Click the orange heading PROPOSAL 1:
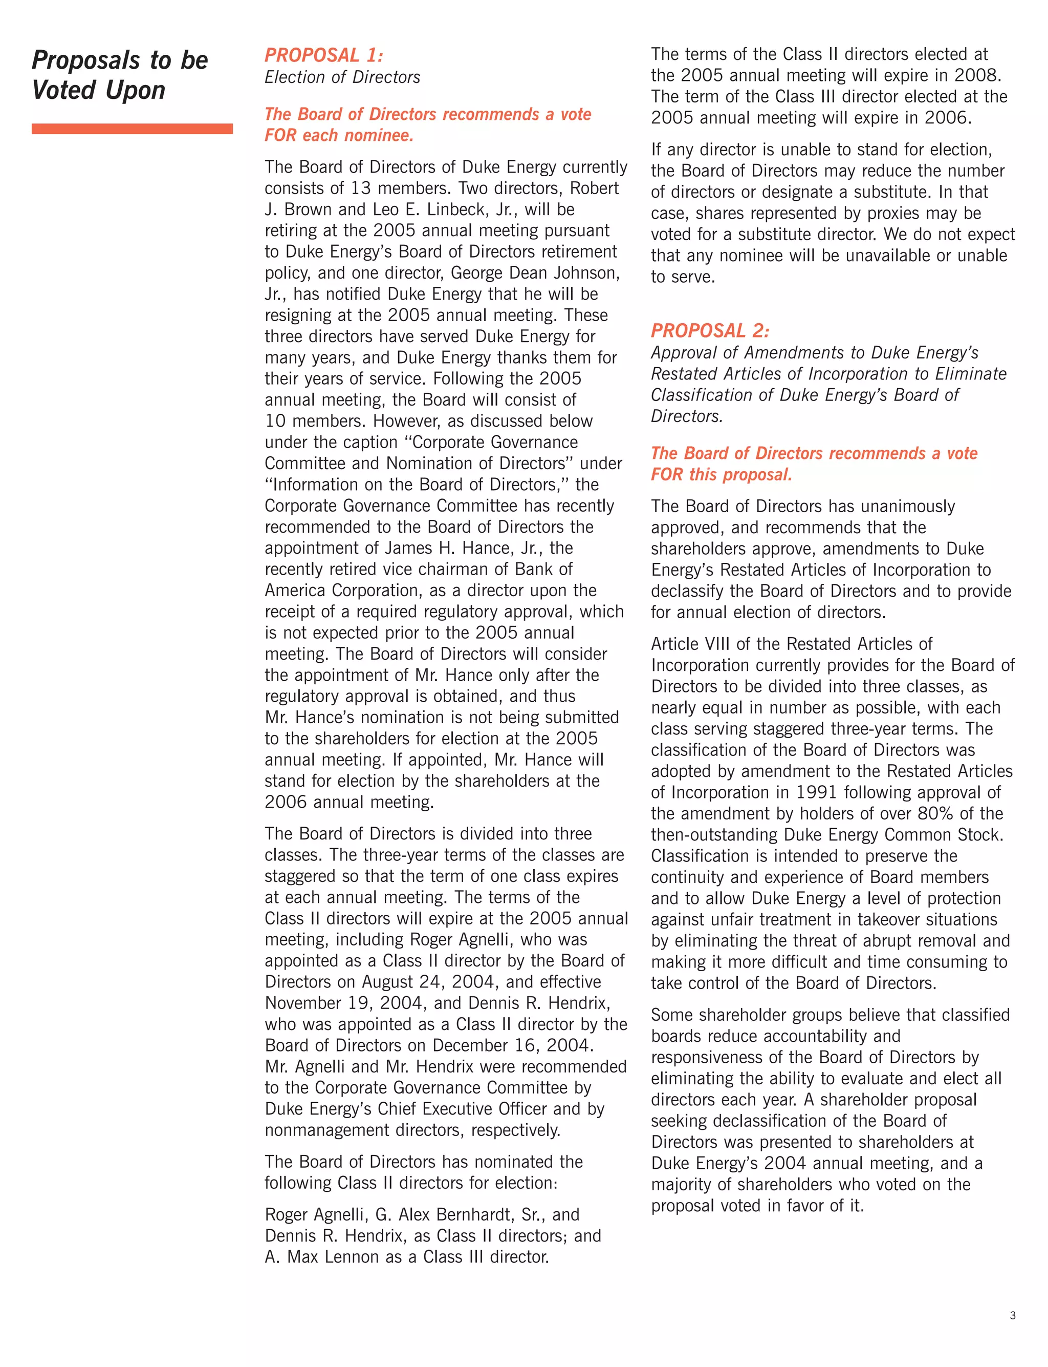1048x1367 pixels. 324,55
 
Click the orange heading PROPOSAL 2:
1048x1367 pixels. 710,331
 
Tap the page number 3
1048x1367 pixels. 1013,1315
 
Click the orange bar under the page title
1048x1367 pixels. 132,129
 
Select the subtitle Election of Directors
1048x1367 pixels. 342,77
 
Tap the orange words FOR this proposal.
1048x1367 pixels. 721,474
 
